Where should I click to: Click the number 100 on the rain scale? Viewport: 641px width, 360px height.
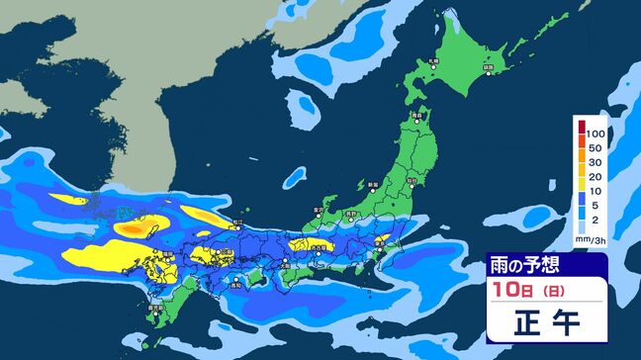pyautogui.click(x=595, y=132)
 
